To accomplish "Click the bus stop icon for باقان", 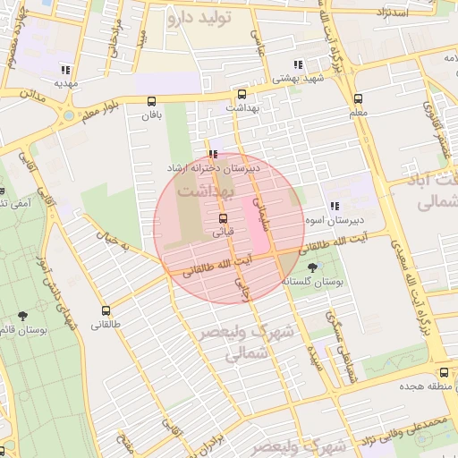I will pos(151,101).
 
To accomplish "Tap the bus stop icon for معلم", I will pos(359,99).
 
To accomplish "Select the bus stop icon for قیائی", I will pos(223,217).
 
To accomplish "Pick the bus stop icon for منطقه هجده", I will pos(444,372).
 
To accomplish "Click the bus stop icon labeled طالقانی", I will pos(106,310).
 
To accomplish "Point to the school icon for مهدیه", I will pos(64,70).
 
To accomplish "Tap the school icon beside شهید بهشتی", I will pos(297,64).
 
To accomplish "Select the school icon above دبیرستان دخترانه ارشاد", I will pos(212,153).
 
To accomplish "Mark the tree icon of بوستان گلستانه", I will pos(311,267).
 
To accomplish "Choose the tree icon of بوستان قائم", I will pos(22,316).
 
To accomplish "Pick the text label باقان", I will pos(151,114).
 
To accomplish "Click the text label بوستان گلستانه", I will pos(313,281).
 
